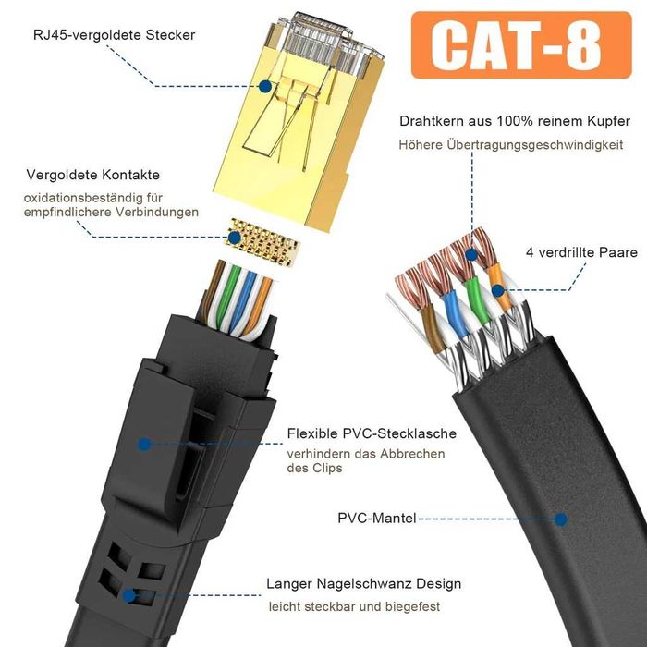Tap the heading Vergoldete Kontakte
(93, 175)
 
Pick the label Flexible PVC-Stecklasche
(372, 433)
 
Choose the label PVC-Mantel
(377, 518)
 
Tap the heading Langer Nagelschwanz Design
(363, 584)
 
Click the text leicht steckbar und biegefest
(355, 607)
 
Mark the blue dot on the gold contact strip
(234, 238)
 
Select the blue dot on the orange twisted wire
(498, 291)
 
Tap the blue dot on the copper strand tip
(471, 255)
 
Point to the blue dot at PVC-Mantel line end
(560, 519)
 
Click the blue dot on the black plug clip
(144, 444)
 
